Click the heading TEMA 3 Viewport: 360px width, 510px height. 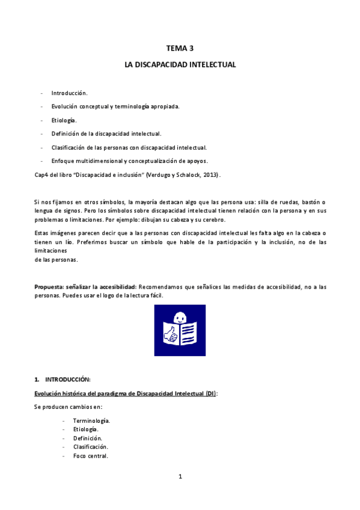point(180,49)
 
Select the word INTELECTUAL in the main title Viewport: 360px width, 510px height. point(210,64)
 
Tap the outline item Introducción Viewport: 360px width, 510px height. point(69,93)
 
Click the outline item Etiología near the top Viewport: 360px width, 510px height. point(64,120)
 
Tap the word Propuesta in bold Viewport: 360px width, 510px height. point(49,287)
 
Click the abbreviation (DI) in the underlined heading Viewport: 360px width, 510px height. point(210,393)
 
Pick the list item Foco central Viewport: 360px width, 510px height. point(90,456)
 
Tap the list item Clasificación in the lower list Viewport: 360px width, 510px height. point(90,447)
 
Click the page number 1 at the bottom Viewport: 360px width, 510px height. point(180,477)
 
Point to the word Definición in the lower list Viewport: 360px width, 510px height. point(87,438)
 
